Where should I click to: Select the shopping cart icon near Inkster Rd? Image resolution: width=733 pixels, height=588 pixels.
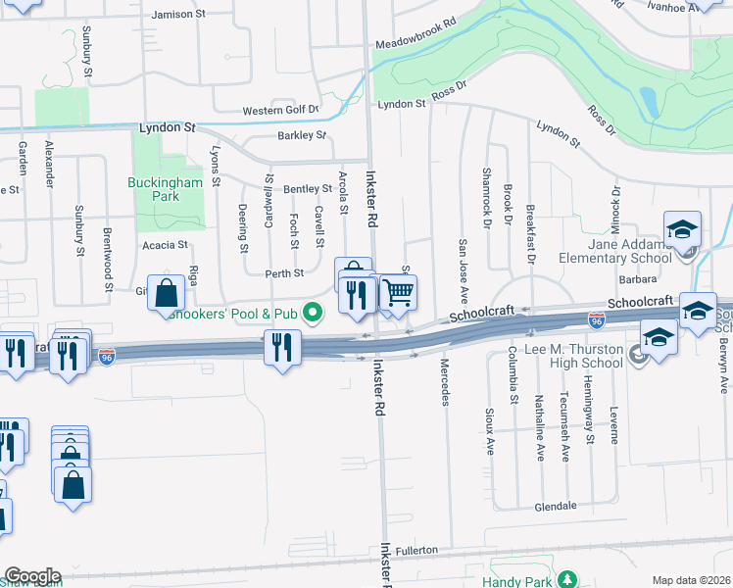pos(398,292)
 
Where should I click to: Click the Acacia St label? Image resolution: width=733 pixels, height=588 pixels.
pos(165,245)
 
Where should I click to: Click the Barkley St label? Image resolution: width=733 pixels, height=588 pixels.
pos(301,135)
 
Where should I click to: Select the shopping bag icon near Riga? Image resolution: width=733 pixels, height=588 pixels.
pos(167,291)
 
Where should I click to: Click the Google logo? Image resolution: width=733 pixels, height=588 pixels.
pos(32,576)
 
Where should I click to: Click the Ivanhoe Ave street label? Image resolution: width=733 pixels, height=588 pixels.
pos(692,7)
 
